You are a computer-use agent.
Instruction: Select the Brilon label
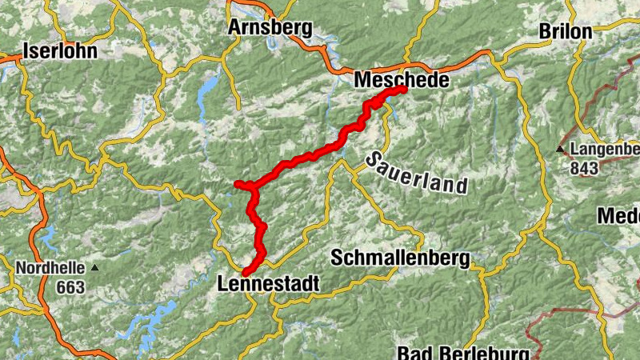click(x=566, y=31)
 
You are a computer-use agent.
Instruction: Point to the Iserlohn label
click(x=61, y=51)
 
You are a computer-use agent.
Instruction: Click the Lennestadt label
click(x=268, y=284)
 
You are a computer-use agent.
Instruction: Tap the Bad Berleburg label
click(x=464, y=353)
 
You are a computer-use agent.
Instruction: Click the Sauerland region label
click(x=417, y=173)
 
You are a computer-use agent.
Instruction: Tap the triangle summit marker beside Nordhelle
click(x=94, y=267)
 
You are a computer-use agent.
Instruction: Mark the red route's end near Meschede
click(x=403, y=90)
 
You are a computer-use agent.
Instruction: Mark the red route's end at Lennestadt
click(x=246, y=274)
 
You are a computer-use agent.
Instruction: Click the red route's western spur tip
click(x=238, y=185)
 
